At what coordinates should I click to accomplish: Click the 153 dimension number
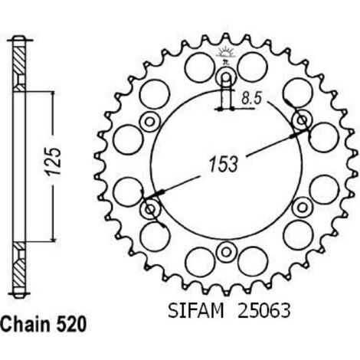pos(224,164)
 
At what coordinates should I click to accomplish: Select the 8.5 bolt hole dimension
pos(252,98)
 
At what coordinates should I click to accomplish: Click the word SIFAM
pos(196,311)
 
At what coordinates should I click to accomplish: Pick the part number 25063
pos(264,311)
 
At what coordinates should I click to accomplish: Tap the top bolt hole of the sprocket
pos(226,77)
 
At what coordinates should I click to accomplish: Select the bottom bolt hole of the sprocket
pos(226,252)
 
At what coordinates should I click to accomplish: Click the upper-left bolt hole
pos(150,121)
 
